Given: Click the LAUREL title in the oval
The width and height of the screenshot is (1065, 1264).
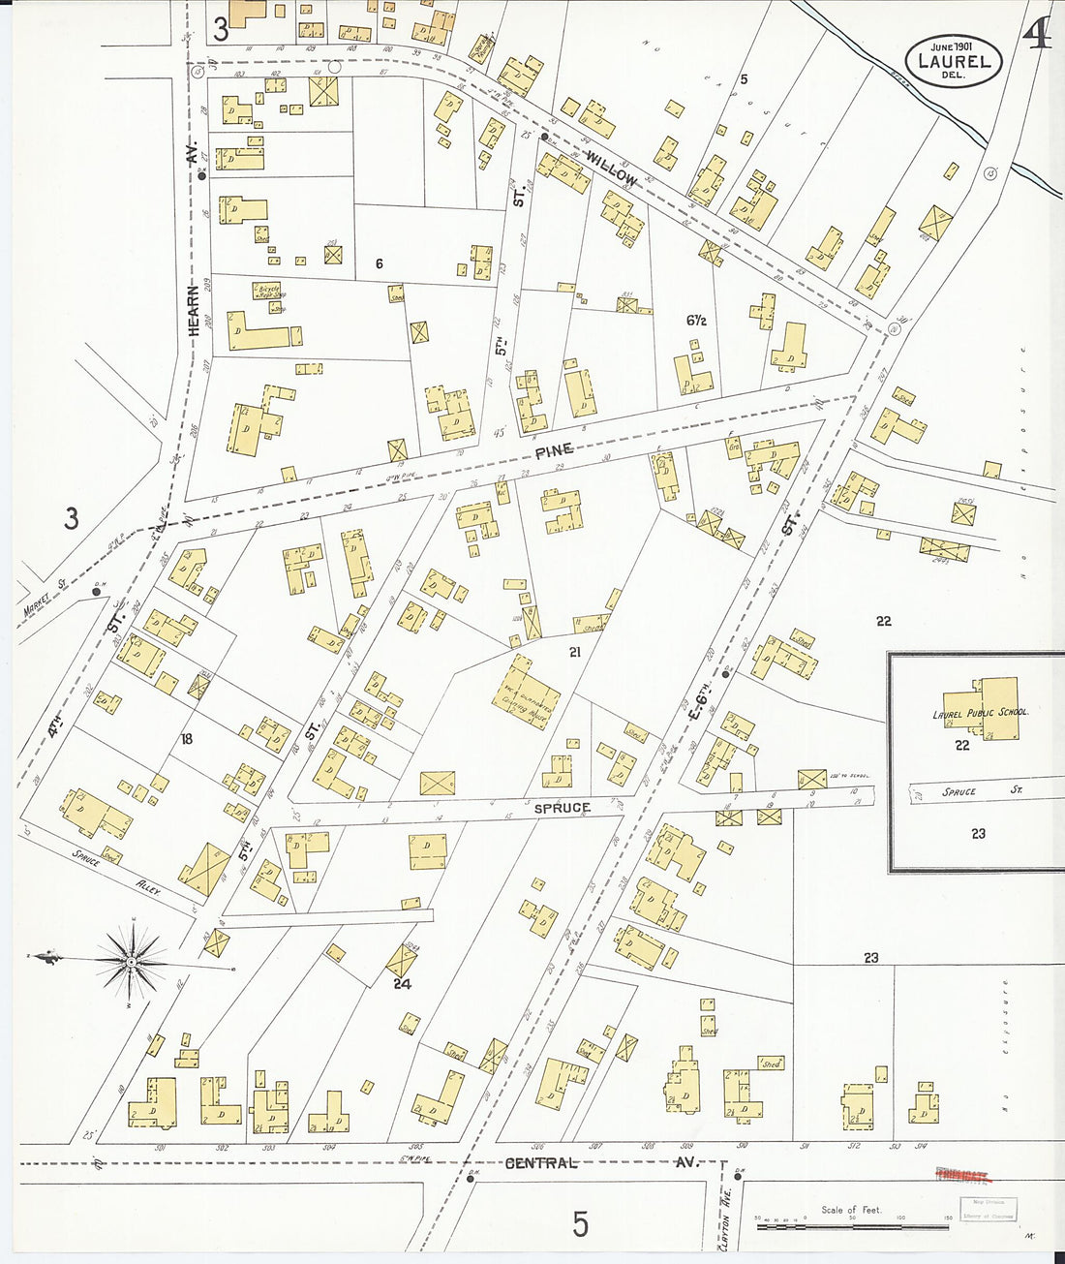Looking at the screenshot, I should (954, 61).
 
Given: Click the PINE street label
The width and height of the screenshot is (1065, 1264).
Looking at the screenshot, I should (554, 449).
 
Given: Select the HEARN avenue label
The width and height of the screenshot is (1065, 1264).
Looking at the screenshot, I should (193, 310).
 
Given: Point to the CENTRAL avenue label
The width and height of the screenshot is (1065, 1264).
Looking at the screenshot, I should (541, 1162).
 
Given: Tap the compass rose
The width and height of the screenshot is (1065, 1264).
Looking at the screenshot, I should (131, 960).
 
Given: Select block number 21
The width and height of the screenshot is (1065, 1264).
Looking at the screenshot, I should (574, 653).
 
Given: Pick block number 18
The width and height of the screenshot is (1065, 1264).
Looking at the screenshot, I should (187, 739).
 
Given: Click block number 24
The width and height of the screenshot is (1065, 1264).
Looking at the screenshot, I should (402, 983).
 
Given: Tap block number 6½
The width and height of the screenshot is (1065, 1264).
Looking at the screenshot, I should (694, 321).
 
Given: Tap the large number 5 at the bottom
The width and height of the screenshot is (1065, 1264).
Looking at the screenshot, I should (579, 1224).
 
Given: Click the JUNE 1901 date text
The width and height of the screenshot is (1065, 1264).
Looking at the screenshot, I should (952, 46).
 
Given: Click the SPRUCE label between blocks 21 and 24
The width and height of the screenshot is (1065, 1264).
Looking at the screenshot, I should (562, 807).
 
